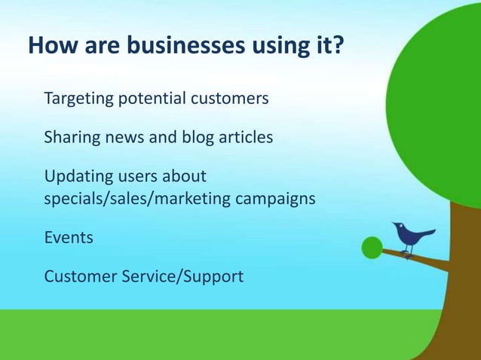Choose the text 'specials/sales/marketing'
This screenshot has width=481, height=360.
point(137,200)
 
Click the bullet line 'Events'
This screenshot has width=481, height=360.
point(69,238)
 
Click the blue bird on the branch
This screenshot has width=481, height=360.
point(411,238)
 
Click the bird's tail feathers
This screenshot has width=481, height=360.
point(428,233)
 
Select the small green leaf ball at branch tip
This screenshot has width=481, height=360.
point(372,247)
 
